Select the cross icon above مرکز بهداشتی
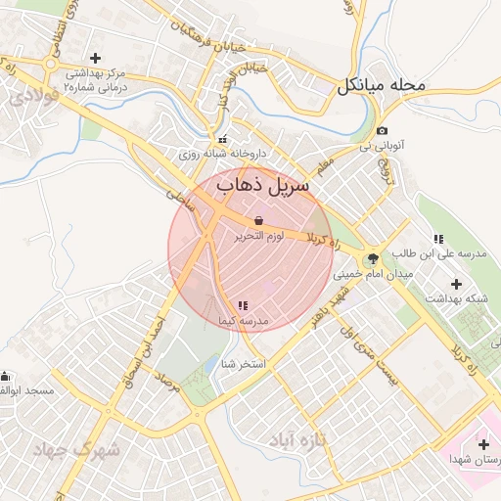(95, 59)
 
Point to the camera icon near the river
(382, 131)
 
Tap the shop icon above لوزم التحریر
(258, 221)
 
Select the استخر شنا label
(245, 363)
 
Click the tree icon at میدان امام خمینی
(371, 259)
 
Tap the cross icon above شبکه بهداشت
(455, 284)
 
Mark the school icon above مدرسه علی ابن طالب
(438, 239)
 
